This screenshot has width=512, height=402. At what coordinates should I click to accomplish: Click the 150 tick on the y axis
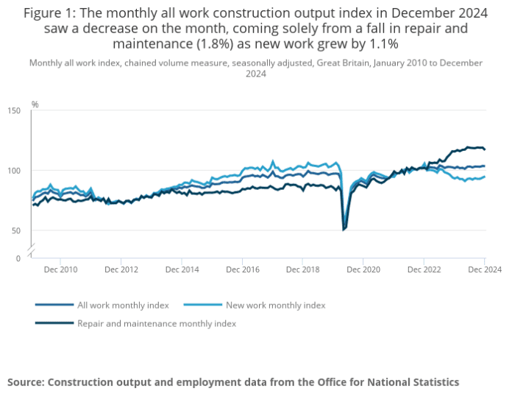(15, 110)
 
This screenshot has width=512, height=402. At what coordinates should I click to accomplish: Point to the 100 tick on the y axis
(15, 171)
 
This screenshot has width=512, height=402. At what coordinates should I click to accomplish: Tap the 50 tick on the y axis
(16, 231)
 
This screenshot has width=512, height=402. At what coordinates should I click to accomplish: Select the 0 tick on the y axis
(18, 258)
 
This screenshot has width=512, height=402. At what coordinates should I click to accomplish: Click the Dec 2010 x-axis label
(62, 270)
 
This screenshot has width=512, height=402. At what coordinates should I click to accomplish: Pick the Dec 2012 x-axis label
(121, 270)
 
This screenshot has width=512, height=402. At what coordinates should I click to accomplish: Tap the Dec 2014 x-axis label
(182, 270)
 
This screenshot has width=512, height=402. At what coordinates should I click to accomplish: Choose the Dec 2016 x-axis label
(242, 270)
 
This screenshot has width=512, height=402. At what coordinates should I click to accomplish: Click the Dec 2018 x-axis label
(302, 270)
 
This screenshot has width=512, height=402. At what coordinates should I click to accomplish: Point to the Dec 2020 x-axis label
(363, 270)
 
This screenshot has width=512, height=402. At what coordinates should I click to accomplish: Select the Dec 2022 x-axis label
(423, 270)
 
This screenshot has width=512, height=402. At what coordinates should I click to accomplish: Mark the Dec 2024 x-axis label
(483, 270)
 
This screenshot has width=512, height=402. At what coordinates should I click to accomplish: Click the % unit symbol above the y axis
(35, 105)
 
